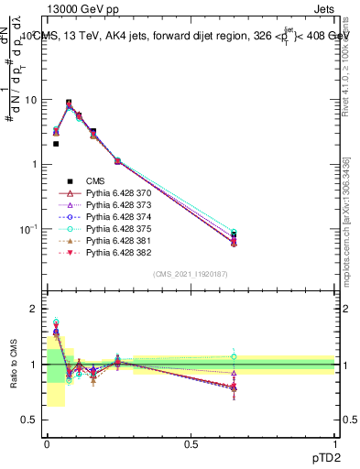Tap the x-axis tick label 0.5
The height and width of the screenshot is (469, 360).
pyautogui.click(x=191, y=443)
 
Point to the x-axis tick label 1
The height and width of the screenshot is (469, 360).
pyautogui.click(x=335, y=443)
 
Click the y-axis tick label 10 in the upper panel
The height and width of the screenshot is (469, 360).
pyautogui.click(x=31, y=100)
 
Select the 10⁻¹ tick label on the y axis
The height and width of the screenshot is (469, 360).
pyautogui.click(x=28, y=228)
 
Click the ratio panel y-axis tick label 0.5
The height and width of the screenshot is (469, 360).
pyautogui.click(x=30, y=420)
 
